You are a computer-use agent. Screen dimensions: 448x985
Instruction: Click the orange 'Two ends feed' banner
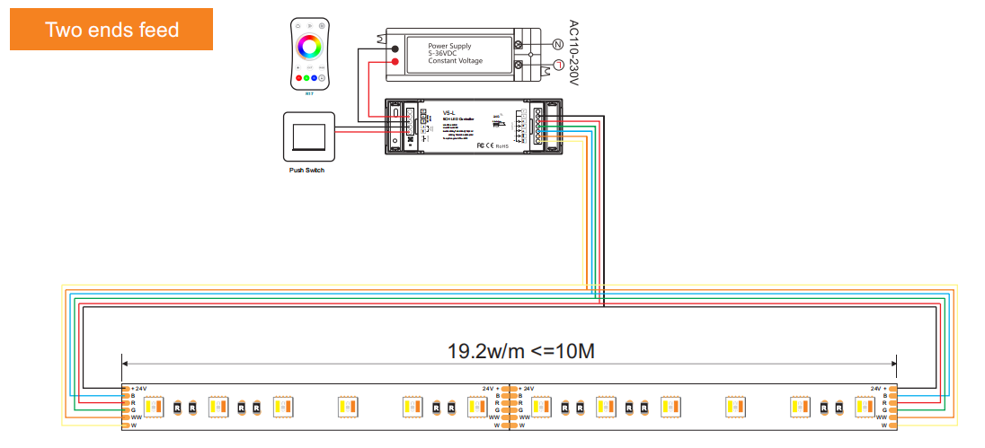coord(111,30)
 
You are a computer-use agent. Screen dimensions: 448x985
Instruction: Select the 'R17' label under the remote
coord(309,92)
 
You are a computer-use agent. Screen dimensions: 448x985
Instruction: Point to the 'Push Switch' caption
coord(307,169)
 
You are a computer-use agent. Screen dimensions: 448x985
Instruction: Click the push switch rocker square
coord(308,136)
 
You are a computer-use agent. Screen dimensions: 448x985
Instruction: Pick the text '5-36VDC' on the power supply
coord(449,54)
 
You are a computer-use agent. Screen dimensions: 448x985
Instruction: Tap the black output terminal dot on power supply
coord(395,48)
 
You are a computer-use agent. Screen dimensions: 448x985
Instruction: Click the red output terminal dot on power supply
coord(395,61)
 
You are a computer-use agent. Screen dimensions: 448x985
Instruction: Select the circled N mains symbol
coord(557,44)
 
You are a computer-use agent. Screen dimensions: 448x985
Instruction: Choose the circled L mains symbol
coord(557,65)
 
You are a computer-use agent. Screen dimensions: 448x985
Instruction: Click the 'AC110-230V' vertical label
coord(575,53)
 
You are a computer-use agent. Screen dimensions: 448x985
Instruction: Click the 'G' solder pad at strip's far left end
coord(124,410)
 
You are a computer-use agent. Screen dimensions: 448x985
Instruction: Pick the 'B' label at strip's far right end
coord(884,395)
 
